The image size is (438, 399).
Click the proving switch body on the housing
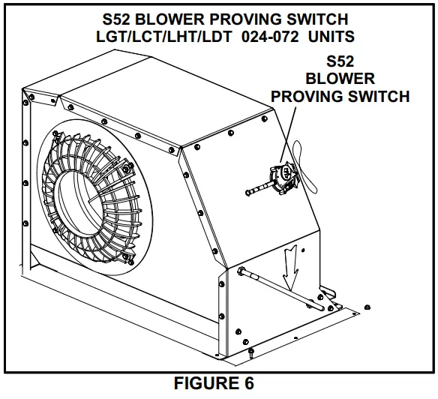tap(284, 177)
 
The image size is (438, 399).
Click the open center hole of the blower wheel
tap(103, 205)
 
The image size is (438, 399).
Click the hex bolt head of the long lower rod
tap(241, 271)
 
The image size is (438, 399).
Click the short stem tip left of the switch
tap(248, 195)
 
